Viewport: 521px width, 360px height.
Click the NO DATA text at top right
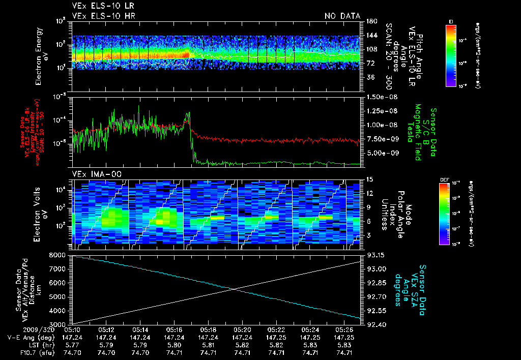coord(342,16)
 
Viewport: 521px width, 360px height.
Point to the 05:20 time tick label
coord(242,329)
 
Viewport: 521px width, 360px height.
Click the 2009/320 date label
coord(19,329)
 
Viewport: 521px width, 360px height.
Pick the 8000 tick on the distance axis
coord(60,255)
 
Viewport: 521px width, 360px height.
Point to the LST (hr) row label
coord(22,345)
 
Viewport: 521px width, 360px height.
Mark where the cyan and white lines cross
coord(237,289)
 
